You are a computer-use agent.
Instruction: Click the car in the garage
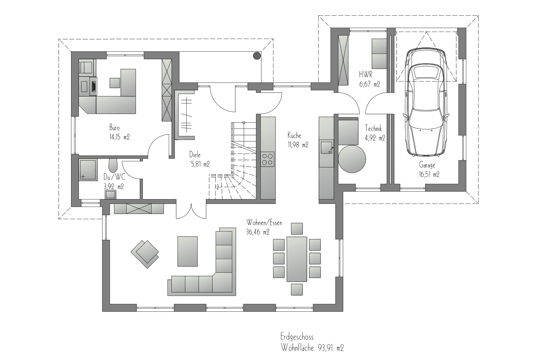coord(426,101)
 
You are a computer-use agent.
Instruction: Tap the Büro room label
coord(114,127)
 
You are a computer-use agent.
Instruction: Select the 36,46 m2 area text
coord(258,232)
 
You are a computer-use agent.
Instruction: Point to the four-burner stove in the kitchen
coord(268,159)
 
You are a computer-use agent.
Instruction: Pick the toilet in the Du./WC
coord(113,165)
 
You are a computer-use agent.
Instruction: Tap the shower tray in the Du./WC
coord(88,170)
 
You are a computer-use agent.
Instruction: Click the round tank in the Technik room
coord(352,159)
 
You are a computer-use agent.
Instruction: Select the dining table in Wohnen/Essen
coord(297,259)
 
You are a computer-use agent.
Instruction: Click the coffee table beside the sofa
coord(188,251)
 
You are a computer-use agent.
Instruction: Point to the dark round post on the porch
coord(257,56)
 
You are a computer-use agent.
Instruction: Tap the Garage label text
coord(427,165)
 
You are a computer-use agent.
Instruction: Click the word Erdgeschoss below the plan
coord(297,337)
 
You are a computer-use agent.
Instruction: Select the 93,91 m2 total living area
coord(330,348)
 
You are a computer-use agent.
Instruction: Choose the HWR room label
coord(366,74)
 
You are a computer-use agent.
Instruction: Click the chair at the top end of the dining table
coord(297,228)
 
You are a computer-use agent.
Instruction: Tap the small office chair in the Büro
coord(115,83)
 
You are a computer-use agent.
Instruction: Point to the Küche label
coord(295,135)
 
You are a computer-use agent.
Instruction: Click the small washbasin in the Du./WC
coord(110,195)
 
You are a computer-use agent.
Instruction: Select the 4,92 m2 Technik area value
coord(375,138)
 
